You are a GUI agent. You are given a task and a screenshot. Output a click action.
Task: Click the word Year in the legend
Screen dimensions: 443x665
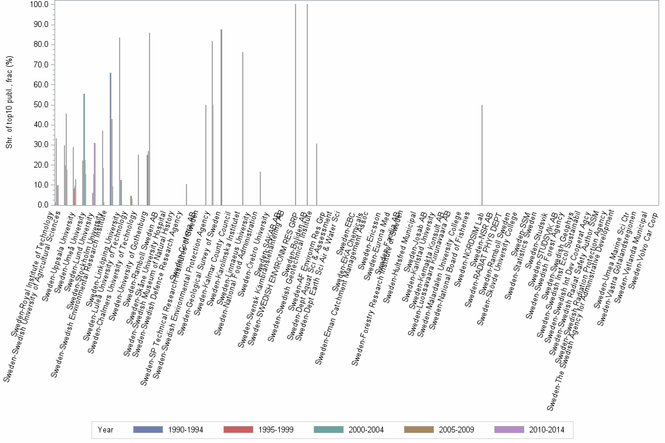106,430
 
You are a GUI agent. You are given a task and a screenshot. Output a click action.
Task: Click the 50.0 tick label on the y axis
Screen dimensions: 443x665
40,105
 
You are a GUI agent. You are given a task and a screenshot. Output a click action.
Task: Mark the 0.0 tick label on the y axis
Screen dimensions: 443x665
42,205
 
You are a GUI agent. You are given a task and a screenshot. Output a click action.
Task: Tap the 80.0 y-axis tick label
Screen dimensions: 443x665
40,45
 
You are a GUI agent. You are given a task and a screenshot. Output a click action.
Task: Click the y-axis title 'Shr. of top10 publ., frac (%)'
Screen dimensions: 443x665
9,103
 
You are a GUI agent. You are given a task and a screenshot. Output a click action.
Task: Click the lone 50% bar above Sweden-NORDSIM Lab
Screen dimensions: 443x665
482,155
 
